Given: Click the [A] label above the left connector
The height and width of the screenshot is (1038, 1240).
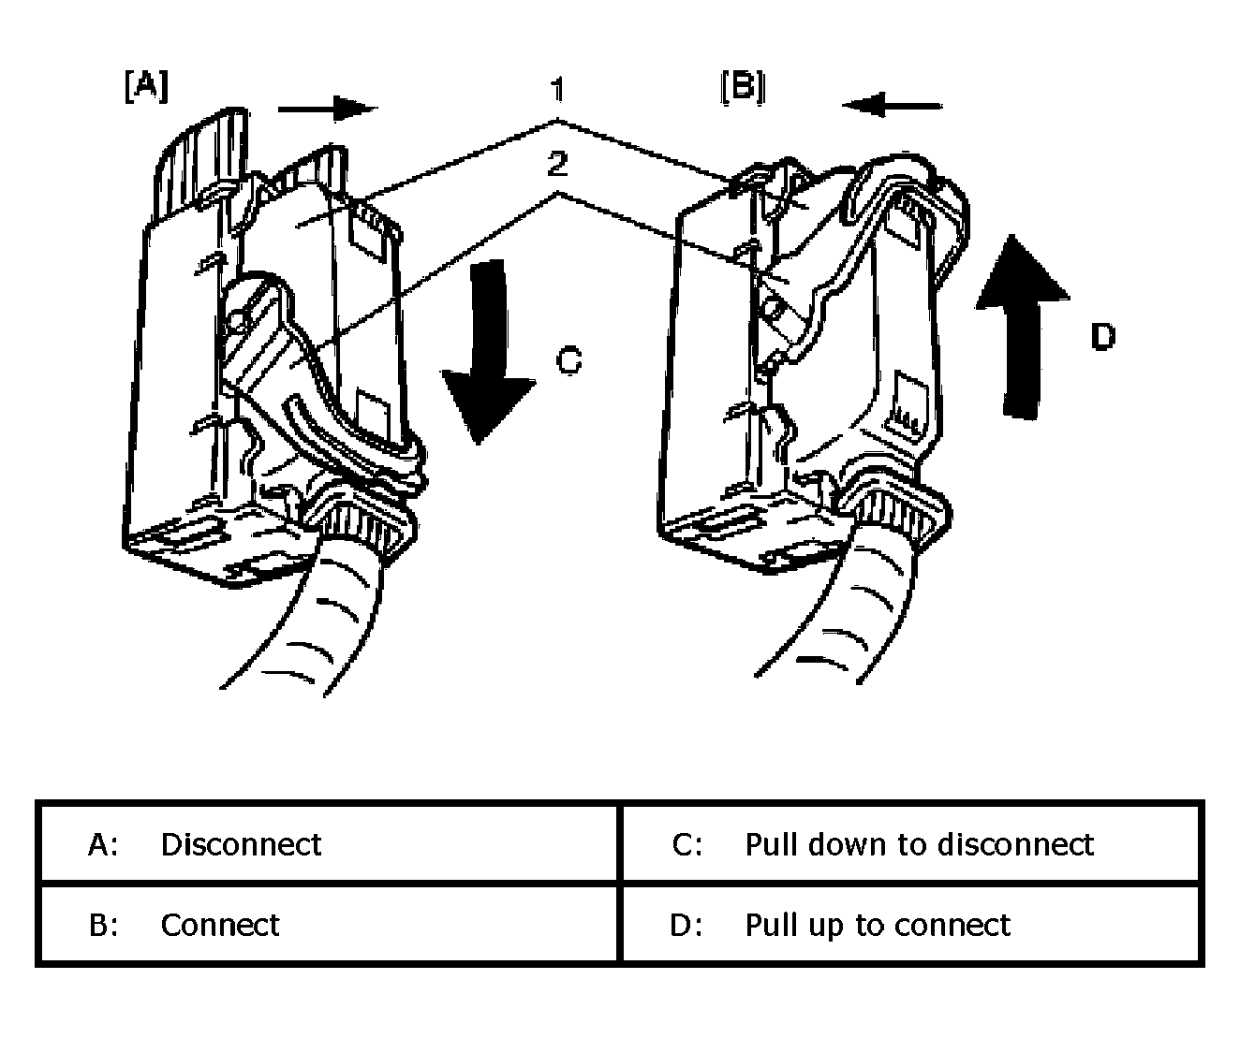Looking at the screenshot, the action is click(147, 86).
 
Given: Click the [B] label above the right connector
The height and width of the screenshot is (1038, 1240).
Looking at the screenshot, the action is click(743, 87).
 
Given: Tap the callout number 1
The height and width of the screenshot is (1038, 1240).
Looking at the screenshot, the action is click(556, 89).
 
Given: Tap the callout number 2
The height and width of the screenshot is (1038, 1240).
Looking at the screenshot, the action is click(557, 164).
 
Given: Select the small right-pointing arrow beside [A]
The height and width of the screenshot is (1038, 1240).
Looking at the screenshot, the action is click(328, 109).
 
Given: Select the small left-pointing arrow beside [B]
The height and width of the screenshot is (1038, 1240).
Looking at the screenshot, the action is click(892, 106).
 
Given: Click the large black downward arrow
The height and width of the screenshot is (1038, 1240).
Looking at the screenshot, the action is click(488, 351).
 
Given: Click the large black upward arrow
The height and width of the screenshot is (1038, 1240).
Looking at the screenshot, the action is click(1022, 327).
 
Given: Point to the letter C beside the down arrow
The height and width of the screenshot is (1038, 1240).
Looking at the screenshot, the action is click(568, 361).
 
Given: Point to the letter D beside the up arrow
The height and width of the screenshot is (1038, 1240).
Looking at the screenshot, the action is click(1103, 337).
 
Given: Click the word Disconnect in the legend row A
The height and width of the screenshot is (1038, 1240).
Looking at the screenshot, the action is click(241, 844).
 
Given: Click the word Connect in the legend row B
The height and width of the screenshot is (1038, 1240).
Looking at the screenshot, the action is click(220, 925).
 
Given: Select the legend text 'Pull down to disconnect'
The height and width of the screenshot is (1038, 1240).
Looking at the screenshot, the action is click(920, 844).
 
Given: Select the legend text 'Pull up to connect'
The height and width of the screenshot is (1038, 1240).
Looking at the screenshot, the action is click(878, 926).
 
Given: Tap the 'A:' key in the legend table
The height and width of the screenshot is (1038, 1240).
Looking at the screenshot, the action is click(103, 844).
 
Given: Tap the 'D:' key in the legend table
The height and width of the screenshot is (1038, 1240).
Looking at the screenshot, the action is click(686, 926).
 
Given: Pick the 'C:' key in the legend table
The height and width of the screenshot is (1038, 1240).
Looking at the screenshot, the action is click(687, 844).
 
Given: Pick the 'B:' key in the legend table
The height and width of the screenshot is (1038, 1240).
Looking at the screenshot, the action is click(103, 926).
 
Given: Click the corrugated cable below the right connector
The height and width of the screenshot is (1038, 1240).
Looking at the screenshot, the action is click(843, 611).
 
